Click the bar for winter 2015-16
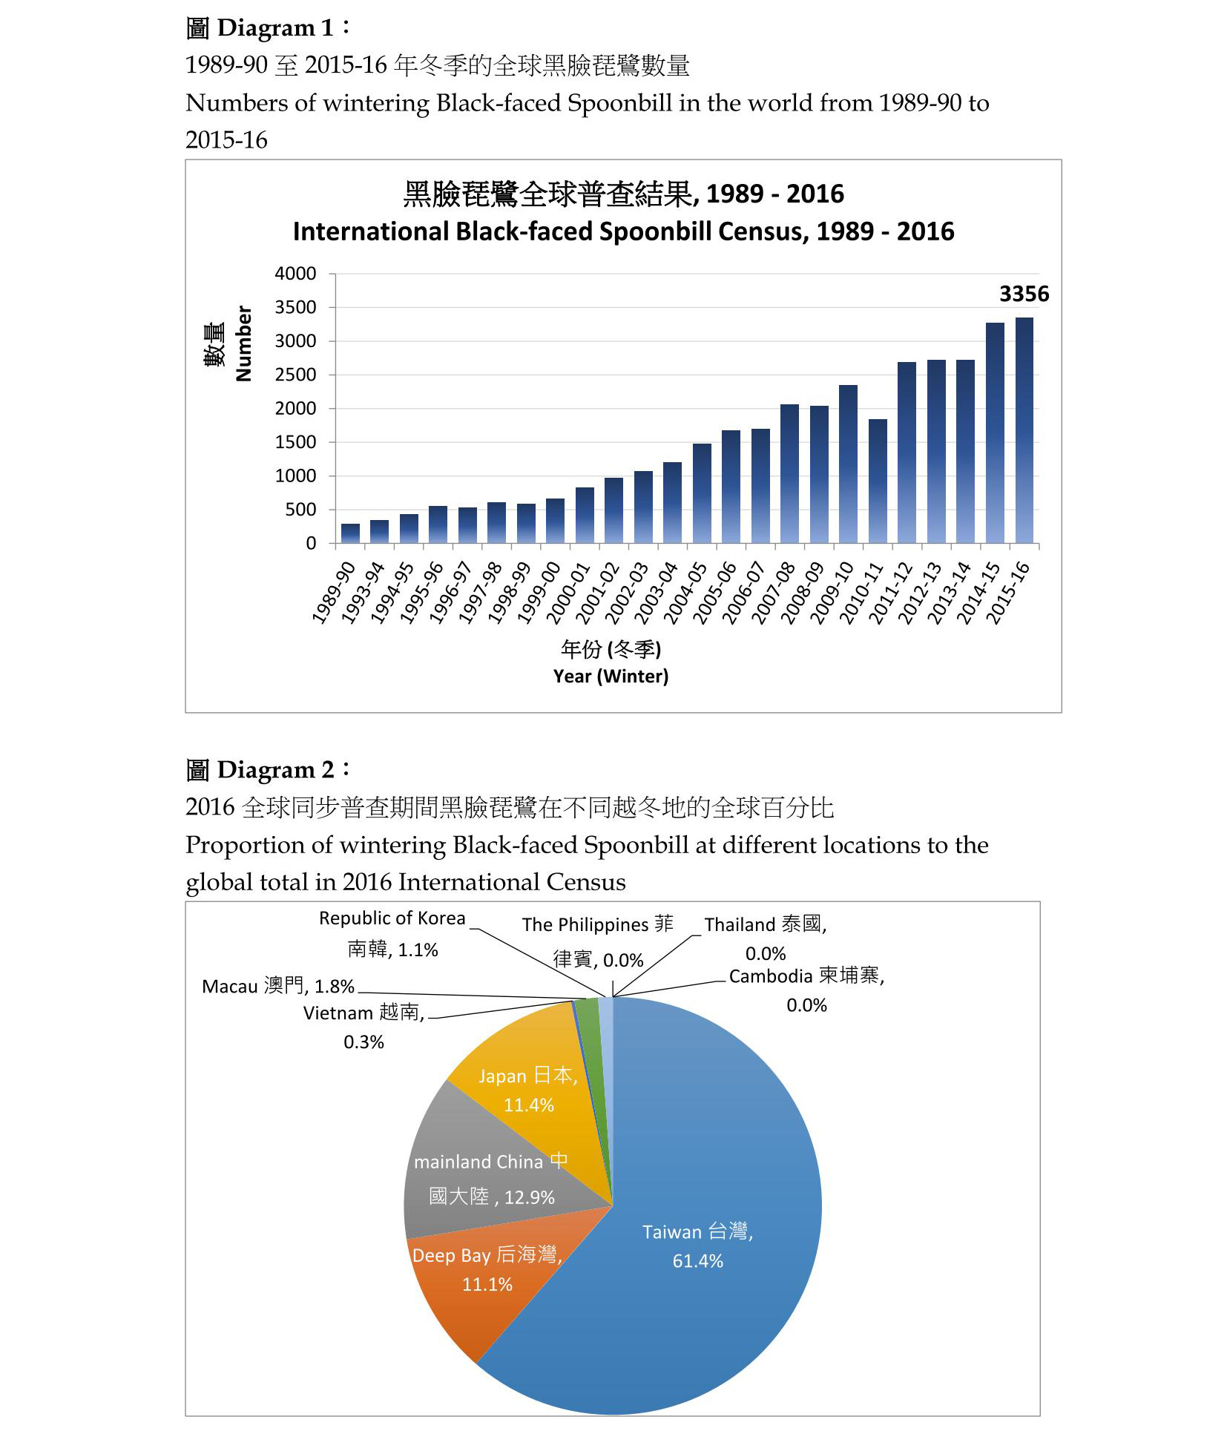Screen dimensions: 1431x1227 [x=1024, y=430]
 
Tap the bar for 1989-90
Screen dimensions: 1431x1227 [x=350, y=533]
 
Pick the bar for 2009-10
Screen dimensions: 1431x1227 [x=848, y=464]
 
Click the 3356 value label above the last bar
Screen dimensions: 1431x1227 [x=1024, y=294]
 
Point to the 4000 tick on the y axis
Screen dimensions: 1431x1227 [x=295, y=274]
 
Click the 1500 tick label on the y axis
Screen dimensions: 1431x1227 [x=295, y=442]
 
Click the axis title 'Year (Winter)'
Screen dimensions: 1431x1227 [x=611, y=676]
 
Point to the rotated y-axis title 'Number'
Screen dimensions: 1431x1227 [x=243, y=343]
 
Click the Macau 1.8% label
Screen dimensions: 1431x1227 [x=278, y=986]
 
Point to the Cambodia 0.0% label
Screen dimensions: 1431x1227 [x=806, y=990]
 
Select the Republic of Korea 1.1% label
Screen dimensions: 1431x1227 [x=392, y=934]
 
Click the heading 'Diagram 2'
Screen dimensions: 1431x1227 [x=267, y=770]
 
